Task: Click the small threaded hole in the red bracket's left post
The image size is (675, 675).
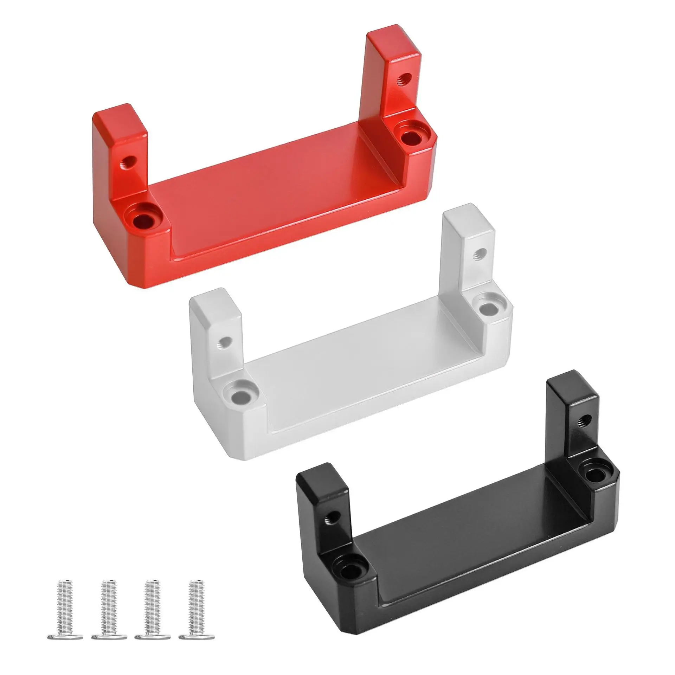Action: (x=128, y=162)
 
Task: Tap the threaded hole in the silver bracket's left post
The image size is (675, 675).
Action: (x=225, y=342)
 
